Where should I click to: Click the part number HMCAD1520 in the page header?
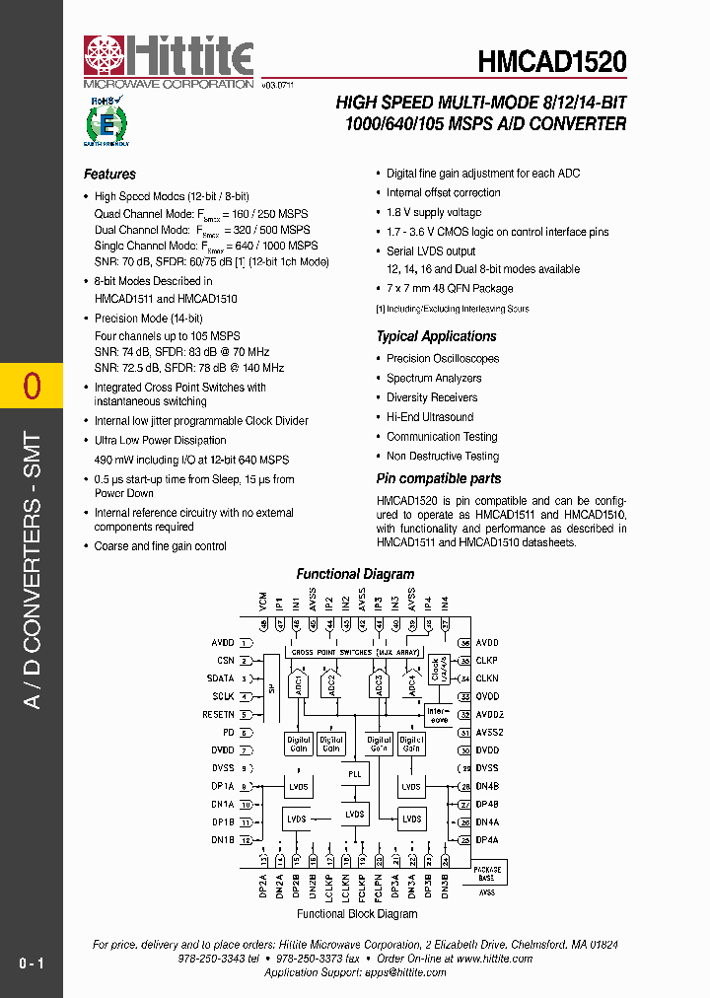[x=552, y=62]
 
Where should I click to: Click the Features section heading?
[x=109, y=175]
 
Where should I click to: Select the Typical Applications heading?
[x=436, y=336]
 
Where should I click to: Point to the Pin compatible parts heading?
[x=439, y=478]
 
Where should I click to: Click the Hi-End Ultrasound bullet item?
[x=431, y=417]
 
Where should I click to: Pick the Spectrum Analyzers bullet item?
[x=434, y=378]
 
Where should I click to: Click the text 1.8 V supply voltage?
[x=434, y=212]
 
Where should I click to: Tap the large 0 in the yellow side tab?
[x=32, y=386]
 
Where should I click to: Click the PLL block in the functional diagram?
[x=355, y=775]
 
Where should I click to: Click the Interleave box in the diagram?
[x=437, y=715]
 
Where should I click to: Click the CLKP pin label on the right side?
[x=487, y=660]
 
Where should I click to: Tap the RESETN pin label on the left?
[x=219, y=714]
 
